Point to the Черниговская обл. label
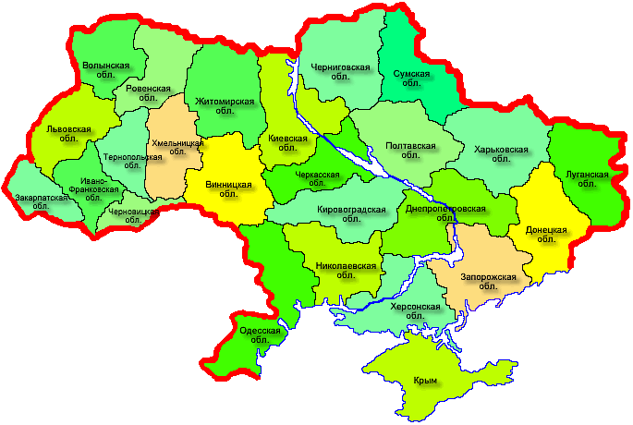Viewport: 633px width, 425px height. pos(340,72)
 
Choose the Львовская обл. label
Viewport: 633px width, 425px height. pos(68,135)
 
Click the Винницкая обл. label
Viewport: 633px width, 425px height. pos(227,189)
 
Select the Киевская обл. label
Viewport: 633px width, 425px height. pos(286,143)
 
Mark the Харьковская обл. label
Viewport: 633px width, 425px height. pos(500,153)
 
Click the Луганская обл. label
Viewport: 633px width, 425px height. pos(587,178)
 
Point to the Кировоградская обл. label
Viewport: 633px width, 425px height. pos(350,214)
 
